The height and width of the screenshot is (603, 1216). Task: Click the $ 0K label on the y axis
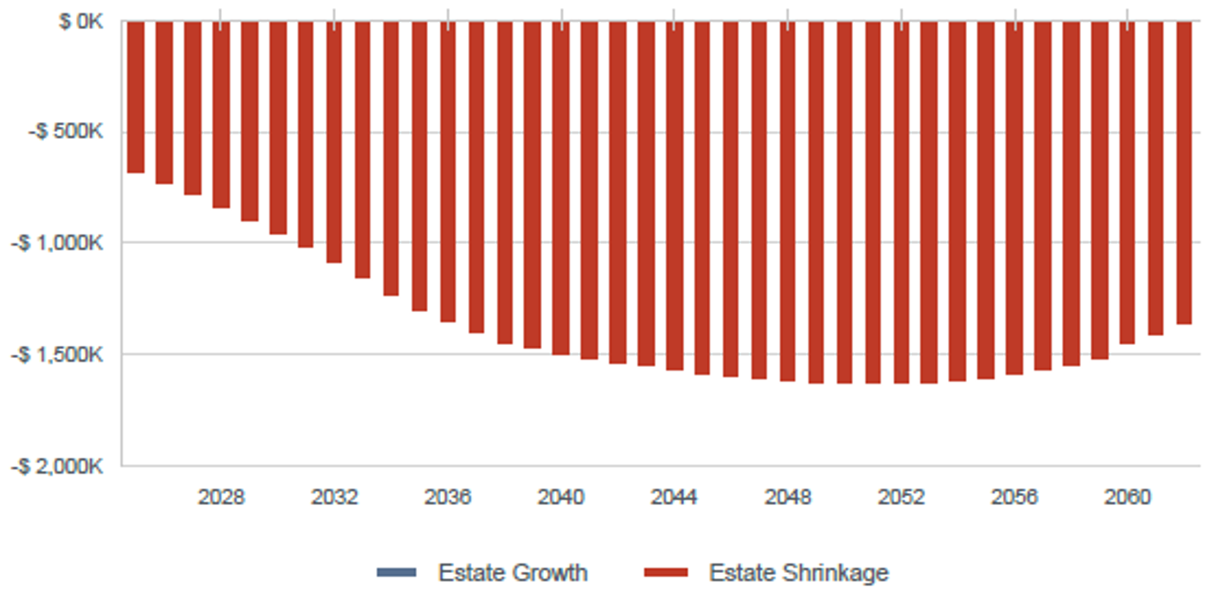pyautogui.click(x=81, y=21)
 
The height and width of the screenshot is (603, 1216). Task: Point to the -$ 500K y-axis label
pyautogui.click(x=69, y=132)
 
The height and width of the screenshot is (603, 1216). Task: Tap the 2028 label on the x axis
pyautogui.click(x=221, y=497)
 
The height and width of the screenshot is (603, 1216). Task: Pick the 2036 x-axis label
pyautogui.click(x=448, y=497)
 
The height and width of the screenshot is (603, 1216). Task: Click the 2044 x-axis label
pyautogui.click(x=674, y=497)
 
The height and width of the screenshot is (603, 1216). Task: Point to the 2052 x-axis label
pyautogui.click(x=901, y=497)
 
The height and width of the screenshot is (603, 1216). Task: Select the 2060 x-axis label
pyautogui.click(x=1128, y=497)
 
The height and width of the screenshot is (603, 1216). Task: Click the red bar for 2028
pyautogui.click(x=221, y=115)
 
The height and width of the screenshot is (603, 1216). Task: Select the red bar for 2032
pyautogui.click(x=334, y=141)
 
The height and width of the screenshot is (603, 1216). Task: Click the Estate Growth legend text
pyautogui.click(x=513, y=573)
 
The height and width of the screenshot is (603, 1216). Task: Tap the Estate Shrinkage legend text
pyautogui.click(x=798, y=573)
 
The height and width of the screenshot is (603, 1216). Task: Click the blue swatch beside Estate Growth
pyautogui.click(x=396, y=573)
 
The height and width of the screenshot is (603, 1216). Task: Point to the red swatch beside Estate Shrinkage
pyautogui.click(x=665, y=573)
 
